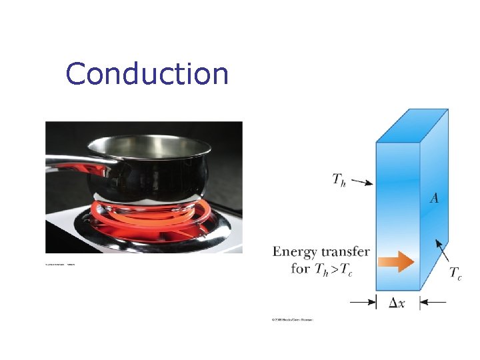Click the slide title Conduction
click(x=147, y=74)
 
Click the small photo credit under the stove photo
click(x=60, y=264)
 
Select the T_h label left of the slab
click(x=339, y=178)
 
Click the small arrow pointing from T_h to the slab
click(x=362, y=181)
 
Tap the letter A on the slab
click(x=434, y=198)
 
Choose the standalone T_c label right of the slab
click(x=455, y=273)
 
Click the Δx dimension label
click(x=397, y=303)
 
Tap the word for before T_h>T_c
click(x=301, y=269)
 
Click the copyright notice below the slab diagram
click(x=291, y=320)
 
